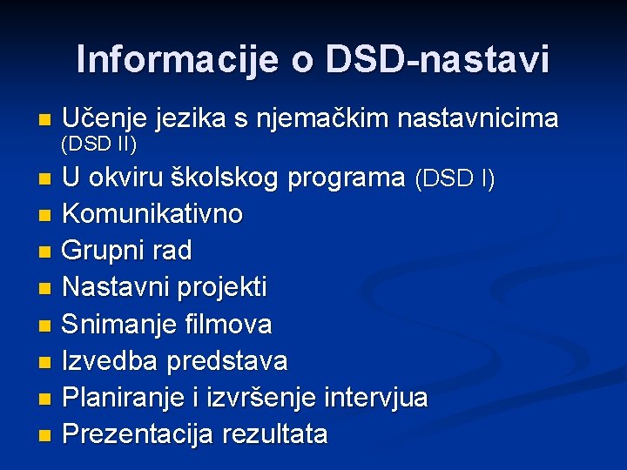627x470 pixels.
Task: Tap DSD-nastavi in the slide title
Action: click(x=438, y=60)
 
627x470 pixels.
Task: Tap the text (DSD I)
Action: click(x=455, y=179)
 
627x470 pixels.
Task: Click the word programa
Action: click(x=346, y=178)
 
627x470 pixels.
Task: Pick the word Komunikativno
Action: click(x=152, y=214)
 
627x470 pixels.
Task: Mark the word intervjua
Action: click(x=375, y=398)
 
